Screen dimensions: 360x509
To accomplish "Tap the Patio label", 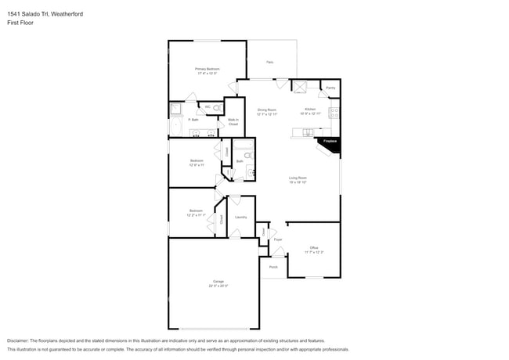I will [269, 62].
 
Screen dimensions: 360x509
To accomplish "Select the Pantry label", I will [330, 88].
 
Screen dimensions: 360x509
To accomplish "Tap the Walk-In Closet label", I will [233, 122].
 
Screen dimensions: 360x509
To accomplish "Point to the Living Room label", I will [297, 179].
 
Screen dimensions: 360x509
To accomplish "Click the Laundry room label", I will [240, 217].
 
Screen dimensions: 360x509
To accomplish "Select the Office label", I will [313, 250].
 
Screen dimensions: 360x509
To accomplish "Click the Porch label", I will [273, 267].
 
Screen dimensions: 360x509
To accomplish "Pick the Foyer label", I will [277, 239].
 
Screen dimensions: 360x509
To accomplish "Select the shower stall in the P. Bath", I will [176, 109].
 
